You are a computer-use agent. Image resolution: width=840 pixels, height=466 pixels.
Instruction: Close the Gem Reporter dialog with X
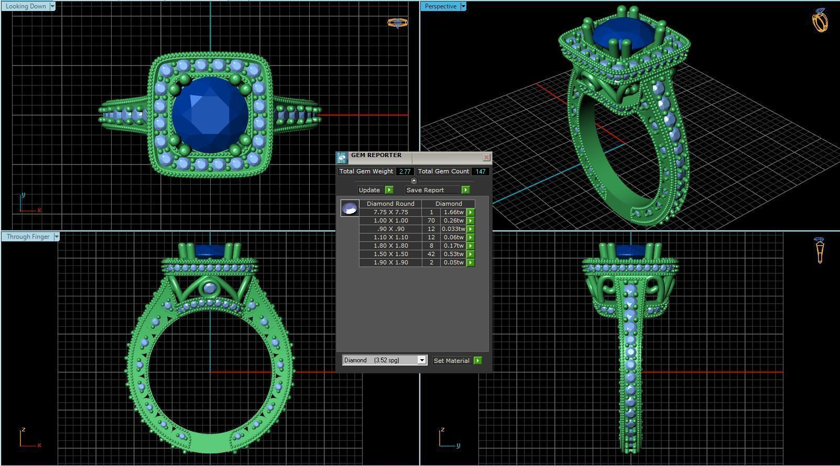pyautogui.click(x=486, y=157)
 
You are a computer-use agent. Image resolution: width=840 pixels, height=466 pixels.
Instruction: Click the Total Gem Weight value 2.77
pyautogui.click(x=405, y=171)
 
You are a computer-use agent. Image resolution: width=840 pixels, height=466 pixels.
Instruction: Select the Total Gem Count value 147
pyautogui.click(x=480, y=171)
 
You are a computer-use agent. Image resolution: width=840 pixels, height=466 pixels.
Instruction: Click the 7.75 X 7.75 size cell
pyautogui.click(x=390, y=212)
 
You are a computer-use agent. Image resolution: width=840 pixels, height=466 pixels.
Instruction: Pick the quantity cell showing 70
pyautogui.click(x=431, y=220)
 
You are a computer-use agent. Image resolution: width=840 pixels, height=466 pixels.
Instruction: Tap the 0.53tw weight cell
pyautogui.click(x=453, y=254)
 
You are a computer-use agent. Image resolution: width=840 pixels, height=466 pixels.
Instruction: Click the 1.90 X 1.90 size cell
pyautogui.click(x=390, y=262)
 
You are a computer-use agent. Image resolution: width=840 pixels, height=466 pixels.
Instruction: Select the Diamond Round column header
pyautogui.click(x=390, y=204)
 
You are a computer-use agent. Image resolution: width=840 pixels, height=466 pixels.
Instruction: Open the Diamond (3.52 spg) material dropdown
pyautogui.click(x=421, y=360)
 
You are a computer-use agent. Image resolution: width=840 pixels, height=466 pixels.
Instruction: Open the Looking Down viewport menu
pyautogui.click(x=51, y=6)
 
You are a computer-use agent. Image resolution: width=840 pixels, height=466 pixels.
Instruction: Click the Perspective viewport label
pyautogui.click(x=440, y=6)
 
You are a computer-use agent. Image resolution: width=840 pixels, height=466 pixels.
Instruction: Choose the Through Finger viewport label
pyautogui.click(x=28, y=237)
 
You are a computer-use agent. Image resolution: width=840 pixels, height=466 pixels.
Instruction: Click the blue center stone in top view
pyautogui.click(x=210, y=115)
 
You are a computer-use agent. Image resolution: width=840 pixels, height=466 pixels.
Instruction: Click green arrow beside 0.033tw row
pyautogui.click(x=471, y=229)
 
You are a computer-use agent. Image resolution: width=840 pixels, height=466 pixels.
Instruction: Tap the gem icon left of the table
pyautogui.click(x=350, y=208)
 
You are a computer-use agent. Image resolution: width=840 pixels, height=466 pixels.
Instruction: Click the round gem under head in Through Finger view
pyautogui.click(x=210, y=288)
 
